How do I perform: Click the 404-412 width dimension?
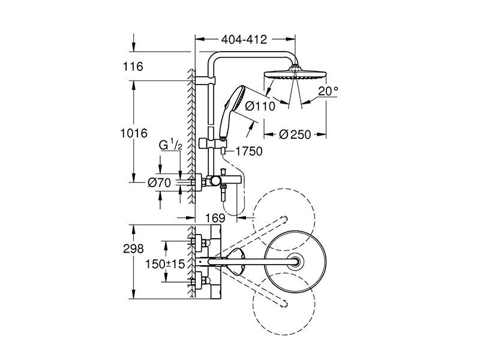pyautogui.click(x=244, y=40)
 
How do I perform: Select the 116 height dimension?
pyautogui.click(x=133, y=67)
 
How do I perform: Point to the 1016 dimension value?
pyautogui.click(x=134, y=133)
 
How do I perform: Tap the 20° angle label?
pyautogui.click(x=328, y=91)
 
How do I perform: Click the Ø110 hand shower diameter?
pyautogui.click(x=260, y=106)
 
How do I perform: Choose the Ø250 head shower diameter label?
pyautogui.click(x=295, y=134)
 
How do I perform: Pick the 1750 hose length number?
pyautogui.click(x=249, y=151)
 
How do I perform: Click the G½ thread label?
pyautogui.click(x=170, y=145)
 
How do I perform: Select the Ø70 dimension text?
pyautogui.click(x=159, y=183)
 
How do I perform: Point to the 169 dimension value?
pyautogui.click(x=215, y=218)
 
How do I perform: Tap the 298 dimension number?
pyautogui.click(x=133, y=248)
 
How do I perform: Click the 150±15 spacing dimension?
pyautogui.click(x=165, y=264)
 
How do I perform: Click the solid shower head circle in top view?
pyautogui.click(x=295, y=262)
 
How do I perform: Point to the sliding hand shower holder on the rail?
pyautogui.click(x=213, y=143)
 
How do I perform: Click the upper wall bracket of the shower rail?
pyautogui.click(x=205, y=80)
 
